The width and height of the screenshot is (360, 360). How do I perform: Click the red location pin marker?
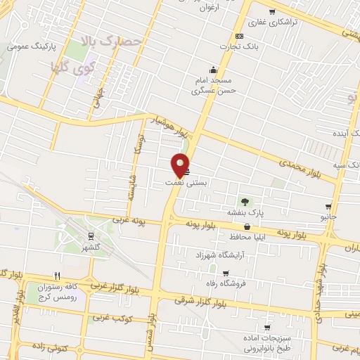point(180,165)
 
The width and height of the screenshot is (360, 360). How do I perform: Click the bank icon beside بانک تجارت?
point(240,36)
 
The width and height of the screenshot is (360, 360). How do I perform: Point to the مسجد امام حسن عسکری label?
point(219,86)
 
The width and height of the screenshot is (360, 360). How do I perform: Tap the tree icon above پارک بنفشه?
point(245,202)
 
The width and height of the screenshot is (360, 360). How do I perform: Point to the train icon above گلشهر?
point(91,236)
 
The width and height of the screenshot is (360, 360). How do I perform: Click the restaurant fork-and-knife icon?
point(58,276)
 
